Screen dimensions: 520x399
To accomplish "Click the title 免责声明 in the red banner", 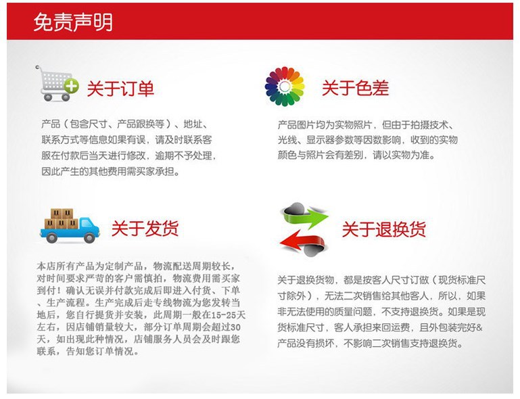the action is point(73,22).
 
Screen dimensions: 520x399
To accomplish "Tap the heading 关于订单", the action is point(120,89).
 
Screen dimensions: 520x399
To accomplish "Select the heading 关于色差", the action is point(355,88).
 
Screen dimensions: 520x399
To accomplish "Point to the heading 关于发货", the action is point(145,228).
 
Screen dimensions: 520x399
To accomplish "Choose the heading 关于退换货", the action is point(384,229).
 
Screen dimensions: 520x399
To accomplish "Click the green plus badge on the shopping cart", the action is point(71,86).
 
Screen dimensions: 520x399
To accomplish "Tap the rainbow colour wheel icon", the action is point(285,87).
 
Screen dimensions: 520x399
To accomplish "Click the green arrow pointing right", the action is point(304,214).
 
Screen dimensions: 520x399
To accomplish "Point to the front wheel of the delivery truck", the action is point(89,237).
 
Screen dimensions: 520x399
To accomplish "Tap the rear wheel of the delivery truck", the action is point(51,237).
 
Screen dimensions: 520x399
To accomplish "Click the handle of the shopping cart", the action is point(38,68).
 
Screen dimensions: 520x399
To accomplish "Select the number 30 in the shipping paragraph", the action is point(235,327).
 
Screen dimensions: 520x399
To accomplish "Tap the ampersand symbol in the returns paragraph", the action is point(479,327).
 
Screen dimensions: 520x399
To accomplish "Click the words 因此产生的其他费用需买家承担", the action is point(110,171).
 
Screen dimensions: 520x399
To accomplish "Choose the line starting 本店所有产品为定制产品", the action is point(137,266).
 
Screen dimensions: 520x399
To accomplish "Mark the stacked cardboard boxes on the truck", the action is point(62,218).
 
